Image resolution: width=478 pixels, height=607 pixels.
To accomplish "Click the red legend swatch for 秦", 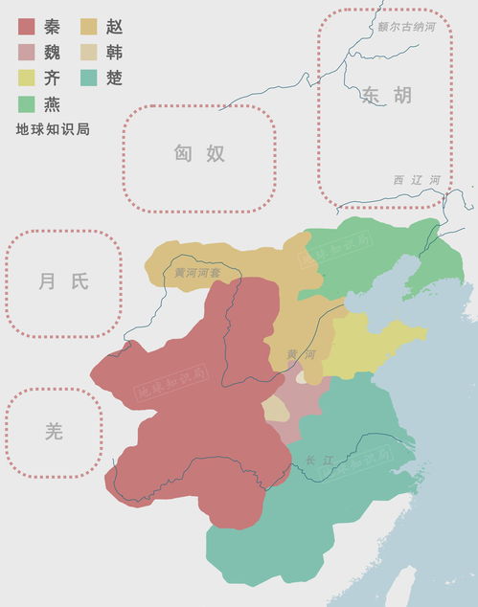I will (x=27, y=26).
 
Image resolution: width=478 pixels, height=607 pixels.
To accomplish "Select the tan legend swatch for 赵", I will (x=90, y=26).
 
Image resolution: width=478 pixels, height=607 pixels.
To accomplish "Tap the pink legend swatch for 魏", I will (x=27, y=52).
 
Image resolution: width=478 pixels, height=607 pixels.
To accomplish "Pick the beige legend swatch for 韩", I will (x=90, y=52).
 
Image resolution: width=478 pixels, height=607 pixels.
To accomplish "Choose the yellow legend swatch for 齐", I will (x=27, y=78).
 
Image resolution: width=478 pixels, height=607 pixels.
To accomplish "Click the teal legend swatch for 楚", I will (x=90, y=78).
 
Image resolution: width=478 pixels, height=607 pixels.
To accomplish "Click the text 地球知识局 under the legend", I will (x=53, y=128).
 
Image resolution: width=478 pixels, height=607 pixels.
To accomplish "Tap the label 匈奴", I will (x=199, y=153).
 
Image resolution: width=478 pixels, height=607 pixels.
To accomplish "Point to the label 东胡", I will (x=387, y=95).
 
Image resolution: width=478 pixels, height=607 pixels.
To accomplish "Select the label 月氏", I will (x=63, y=281).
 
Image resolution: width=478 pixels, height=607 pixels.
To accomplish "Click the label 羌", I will (x=54, y=431).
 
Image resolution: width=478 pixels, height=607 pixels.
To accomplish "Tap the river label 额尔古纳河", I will (x=406, y=28).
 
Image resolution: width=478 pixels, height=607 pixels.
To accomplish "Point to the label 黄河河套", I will (x=196, y=273).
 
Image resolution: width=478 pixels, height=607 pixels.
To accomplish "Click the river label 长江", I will (x=320, y=461).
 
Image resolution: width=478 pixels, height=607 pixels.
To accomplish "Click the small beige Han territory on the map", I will (x=276, y=409).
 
